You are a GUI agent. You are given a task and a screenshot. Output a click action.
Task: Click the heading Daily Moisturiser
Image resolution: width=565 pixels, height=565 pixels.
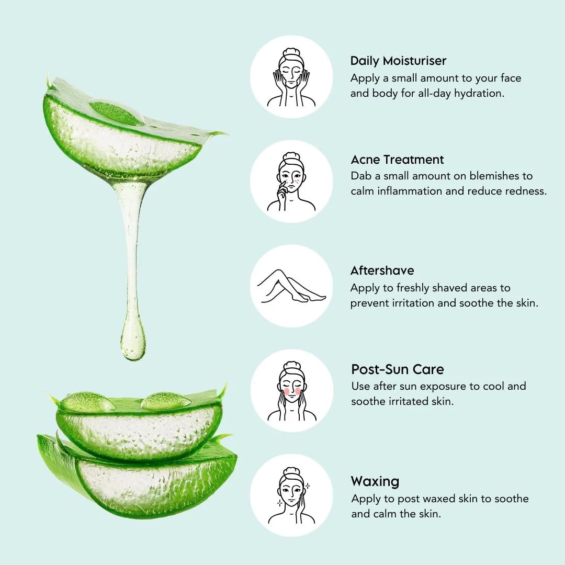pos(398,61)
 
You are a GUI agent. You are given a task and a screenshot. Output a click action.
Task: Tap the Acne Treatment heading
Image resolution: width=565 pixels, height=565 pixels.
pos(397,159)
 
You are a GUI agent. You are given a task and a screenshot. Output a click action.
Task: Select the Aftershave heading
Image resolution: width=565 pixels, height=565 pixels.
pos(382,270)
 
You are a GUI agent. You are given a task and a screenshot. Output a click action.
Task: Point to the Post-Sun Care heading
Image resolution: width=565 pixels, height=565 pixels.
pos(398,369)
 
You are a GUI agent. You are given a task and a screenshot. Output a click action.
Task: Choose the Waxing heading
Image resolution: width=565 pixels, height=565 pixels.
pos(375,481)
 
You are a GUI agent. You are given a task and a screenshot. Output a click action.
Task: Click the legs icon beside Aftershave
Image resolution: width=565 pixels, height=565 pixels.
pos(291,286)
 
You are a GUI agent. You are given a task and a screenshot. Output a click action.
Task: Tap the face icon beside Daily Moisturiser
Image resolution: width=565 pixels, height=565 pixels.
pos(291,77)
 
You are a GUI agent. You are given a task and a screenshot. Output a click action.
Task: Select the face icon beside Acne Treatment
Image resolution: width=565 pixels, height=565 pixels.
pos(291,182)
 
